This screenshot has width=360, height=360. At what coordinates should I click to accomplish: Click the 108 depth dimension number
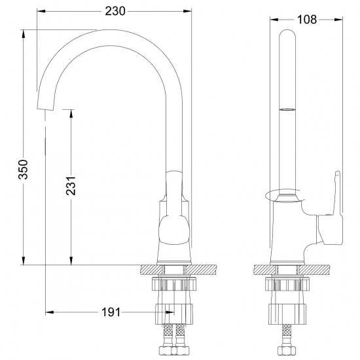[306, 19]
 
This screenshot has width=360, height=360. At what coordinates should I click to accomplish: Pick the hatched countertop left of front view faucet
[150, 269]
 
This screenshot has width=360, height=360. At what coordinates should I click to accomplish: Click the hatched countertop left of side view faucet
[262, 269]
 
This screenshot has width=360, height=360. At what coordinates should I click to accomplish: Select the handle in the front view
[174, 193]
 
